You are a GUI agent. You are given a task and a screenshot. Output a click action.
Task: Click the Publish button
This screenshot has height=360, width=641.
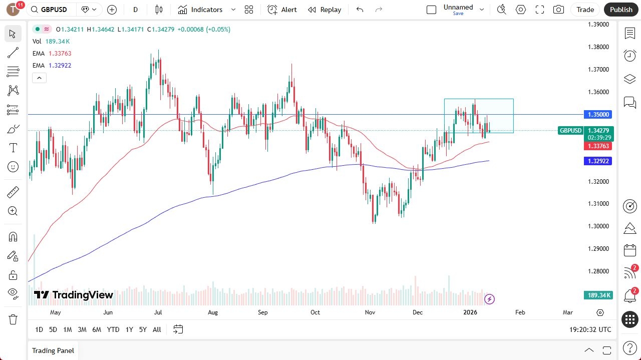(621, 10)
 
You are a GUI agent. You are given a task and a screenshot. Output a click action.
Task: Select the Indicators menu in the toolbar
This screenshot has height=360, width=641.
(200, 10)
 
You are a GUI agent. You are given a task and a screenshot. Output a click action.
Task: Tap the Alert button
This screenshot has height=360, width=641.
(282, 10)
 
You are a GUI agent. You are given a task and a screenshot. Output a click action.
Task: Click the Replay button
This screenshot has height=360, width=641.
(325, 10)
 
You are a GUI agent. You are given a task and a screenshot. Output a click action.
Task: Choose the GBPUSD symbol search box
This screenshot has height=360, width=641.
(53, 10)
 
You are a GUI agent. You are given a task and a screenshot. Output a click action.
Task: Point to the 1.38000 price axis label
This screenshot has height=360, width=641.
(598, 47)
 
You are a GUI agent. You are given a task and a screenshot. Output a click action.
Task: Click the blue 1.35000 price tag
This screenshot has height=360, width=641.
(598, 115)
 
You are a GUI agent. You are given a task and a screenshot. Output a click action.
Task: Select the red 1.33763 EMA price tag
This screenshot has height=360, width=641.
(598, 146)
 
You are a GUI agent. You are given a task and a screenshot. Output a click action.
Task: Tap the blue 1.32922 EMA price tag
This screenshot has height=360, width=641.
(598, 161)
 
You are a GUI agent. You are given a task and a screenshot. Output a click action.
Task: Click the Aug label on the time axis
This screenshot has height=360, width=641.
(213, 312)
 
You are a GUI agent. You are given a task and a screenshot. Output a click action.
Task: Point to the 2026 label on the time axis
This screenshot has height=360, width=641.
(470, 312)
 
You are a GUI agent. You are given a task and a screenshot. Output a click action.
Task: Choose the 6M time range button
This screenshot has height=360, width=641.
(97, 329)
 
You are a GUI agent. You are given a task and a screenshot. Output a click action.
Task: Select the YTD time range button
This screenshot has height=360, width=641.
(113, 329)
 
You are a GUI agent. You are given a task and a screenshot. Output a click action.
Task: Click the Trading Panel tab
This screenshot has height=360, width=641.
(53, 350)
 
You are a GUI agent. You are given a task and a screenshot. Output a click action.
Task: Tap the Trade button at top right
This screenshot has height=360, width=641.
(585, 10)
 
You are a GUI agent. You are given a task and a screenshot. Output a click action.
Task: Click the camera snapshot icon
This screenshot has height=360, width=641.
(558, 10)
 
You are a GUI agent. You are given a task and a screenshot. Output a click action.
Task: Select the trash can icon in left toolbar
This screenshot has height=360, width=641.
(13, 319)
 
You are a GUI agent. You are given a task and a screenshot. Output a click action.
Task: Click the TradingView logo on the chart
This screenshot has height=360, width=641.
(74, 295)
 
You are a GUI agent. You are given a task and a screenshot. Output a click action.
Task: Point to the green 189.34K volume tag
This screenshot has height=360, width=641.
(598, 295)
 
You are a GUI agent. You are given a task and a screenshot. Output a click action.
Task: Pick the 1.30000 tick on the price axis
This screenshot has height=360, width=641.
(598, 226)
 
